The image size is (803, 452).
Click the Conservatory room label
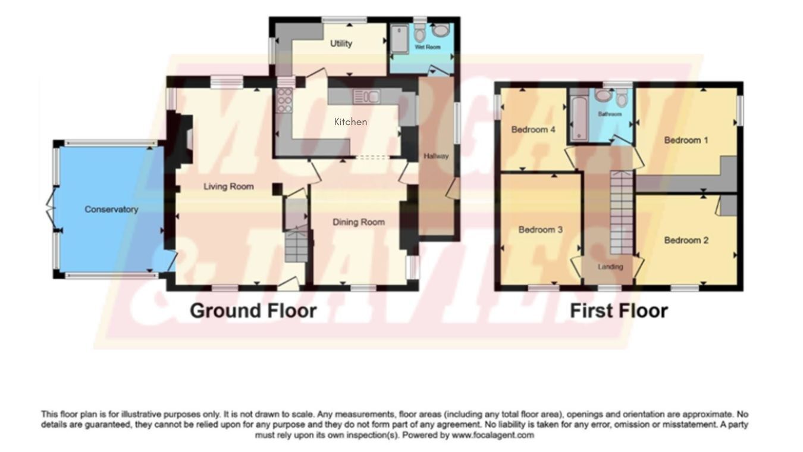pos(111,209)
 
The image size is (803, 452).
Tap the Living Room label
pos(228,186)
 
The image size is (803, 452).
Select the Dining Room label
pos(359,222)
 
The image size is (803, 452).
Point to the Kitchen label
pos(350,121)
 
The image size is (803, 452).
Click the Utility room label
pos(341,43)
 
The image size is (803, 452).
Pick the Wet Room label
pos(427,47)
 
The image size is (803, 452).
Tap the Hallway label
pos(436,156)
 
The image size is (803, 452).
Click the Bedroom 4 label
pos(533,129)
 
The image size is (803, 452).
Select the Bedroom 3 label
pos(540,229)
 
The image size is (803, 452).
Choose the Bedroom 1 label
pos(686,140)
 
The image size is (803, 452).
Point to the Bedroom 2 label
pos(686,240)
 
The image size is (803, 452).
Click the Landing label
pos(610,267)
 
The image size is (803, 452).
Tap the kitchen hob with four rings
pos(284,101)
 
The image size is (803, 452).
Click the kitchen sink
pos(366,96)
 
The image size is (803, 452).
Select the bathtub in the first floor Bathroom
pos(579,118)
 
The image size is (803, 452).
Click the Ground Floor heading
pos(253,310)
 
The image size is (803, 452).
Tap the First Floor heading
pos(619,310)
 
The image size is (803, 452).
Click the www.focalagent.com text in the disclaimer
pos(493,435)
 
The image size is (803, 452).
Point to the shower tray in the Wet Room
pos(399,39)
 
